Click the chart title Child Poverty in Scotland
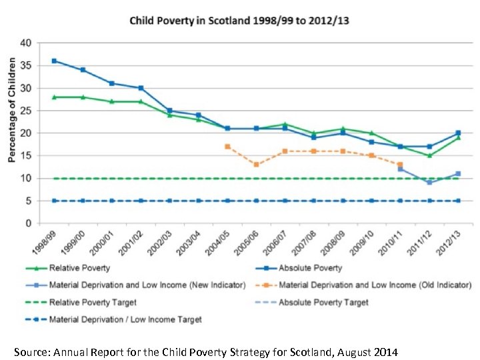239,21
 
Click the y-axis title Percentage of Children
11,109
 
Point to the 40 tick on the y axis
25,43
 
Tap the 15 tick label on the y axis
25,156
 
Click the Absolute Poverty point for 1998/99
54,61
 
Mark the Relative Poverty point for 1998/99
54,97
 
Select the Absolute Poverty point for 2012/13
458,133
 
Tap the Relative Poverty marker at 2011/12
429,155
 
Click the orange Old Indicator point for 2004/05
227,146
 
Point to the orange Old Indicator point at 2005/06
256,164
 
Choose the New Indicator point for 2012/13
458,173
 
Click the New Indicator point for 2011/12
429,182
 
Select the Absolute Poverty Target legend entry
323,302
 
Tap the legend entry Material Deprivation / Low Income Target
125,319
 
